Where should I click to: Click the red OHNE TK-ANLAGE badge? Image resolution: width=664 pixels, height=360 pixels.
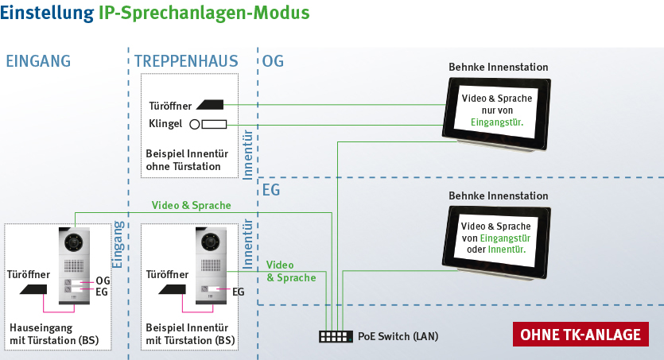tap(580, 335)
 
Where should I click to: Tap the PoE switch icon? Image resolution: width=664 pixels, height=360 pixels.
tap(336, 336)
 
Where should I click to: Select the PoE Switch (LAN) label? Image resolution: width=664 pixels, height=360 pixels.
tap(398, 336)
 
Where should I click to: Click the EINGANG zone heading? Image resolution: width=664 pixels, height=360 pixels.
tap(38, 61)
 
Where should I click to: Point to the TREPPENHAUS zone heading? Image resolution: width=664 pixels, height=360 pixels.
tap(187, 61)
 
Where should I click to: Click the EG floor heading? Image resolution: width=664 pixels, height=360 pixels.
tap(271, 191)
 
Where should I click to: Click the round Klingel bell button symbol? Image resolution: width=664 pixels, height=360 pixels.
tap(193, 124)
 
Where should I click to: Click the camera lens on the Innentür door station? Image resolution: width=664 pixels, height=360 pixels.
tap(211, 241)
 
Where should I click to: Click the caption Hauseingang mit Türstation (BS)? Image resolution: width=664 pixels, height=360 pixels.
tap(54, 334)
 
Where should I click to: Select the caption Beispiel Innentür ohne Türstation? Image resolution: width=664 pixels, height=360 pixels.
tap(183, 160)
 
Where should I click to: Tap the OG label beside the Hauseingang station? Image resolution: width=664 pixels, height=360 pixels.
tap(103, 281)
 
